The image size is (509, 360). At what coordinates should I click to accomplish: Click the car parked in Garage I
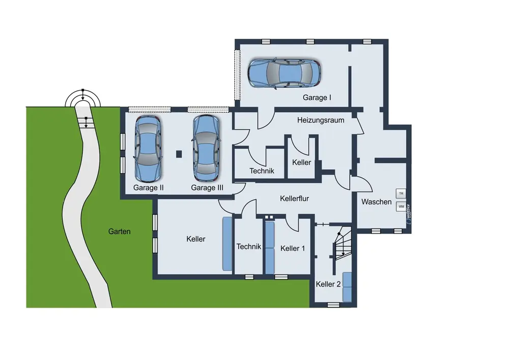[285, 74]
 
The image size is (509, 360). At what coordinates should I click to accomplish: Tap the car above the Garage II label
[148, 149]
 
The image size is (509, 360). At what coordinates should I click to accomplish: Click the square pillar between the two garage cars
[179, 154]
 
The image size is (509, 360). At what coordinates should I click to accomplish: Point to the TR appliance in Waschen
[401, 193]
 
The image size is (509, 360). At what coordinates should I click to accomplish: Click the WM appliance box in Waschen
[401, 206]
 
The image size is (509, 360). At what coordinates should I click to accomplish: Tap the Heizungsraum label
[320, 121]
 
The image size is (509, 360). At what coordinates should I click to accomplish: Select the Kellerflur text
[294, 199]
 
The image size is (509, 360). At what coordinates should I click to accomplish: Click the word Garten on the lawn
[120, 232]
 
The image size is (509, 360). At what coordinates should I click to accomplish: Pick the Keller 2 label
[328, 284]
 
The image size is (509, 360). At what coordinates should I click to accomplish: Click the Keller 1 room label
[293, 248]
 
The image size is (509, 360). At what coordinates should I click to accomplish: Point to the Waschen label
[377, 202]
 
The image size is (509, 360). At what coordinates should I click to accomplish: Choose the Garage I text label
[317, 97]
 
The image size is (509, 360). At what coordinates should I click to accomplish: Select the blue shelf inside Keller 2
[347, 287]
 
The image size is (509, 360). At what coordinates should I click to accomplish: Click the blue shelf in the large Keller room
[227, 244]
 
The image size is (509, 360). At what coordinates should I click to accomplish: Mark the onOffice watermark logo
[408, 213]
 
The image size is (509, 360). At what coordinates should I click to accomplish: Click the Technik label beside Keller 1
[249, 247]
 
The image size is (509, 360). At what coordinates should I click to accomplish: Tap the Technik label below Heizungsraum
[262, 171]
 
